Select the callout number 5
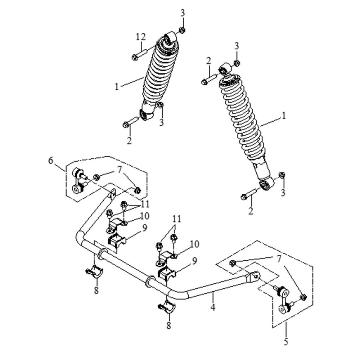coord(286,341)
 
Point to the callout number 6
coord(51,160)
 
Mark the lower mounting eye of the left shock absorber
coord(145,115)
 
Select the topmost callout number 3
coord(183,13)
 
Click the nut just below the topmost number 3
coord(182,30)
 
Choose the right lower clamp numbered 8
coord(166,307)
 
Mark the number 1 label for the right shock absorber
coord(284,116)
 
